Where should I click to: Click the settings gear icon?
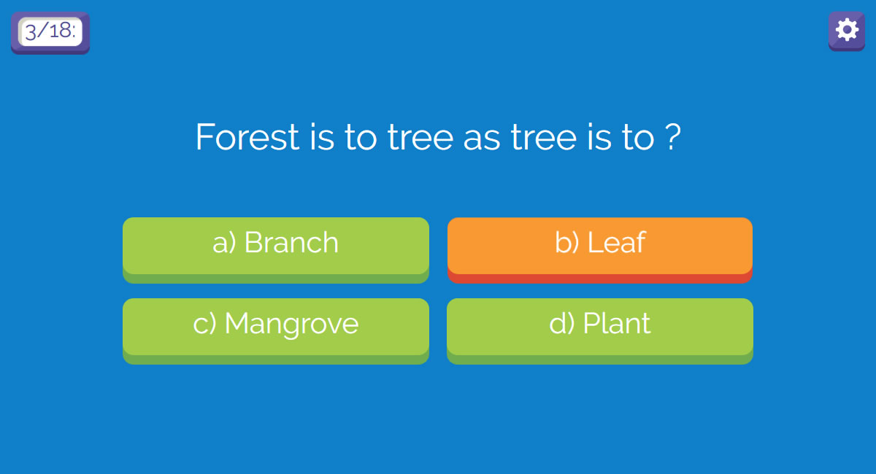(847, 31)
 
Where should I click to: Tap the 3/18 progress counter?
(50, 32)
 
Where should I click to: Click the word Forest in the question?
(247, 137)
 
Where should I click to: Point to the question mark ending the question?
(672, 137)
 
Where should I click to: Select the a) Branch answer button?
(276, 250)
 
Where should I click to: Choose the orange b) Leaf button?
(600, 250)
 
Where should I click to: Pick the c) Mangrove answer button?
(276, 331)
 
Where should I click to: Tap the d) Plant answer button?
(600, 331)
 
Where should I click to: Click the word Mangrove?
(291, 325)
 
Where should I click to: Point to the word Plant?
(617, 323)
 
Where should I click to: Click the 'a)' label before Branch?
(224, 243)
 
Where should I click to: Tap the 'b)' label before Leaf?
(566, 242)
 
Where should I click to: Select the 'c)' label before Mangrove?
(204, 324)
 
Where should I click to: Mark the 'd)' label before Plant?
(561, 323)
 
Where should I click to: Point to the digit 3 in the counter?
(31, 31)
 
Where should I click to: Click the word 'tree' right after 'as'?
(544, 137)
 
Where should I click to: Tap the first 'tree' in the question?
(420, 137)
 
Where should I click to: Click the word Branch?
(291, 242)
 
